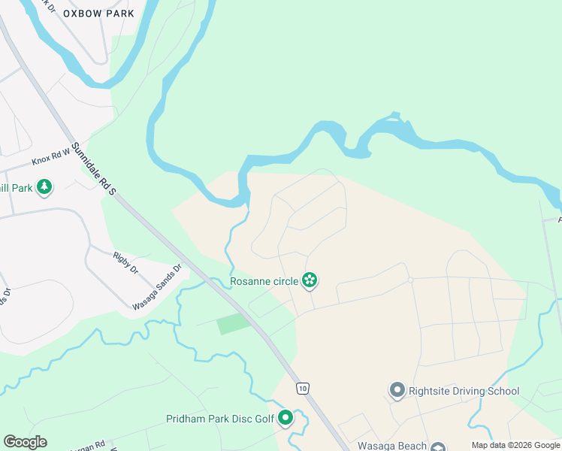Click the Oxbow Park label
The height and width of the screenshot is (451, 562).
[x=98, y=14]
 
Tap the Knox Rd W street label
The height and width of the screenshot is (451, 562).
[x=50, y=156]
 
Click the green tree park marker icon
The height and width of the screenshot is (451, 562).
[x=44, y=186]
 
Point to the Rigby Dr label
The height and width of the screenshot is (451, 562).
[x=125, y=262]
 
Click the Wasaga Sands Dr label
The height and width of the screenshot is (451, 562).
[x=157, y=287]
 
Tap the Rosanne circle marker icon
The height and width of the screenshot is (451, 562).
[x=310, y=281]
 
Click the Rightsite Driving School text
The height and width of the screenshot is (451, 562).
[x=464, y=391]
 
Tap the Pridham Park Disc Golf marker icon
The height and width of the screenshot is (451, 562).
[x=286, y=418]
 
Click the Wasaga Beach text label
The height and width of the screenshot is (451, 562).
[x=392, y=445]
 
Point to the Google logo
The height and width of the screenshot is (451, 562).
[x=25, y=442]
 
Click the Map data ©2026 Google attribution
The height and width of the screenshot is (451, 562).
[x=515, y=445]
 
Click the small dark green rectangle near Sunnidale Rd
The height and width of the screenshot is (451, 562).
[x=234, y=324]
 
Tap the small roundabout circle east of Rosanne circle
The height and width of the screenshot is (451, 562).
[x=410, y=280]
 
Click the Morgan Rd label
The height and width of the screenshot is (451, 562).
[x=89, y=446]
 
